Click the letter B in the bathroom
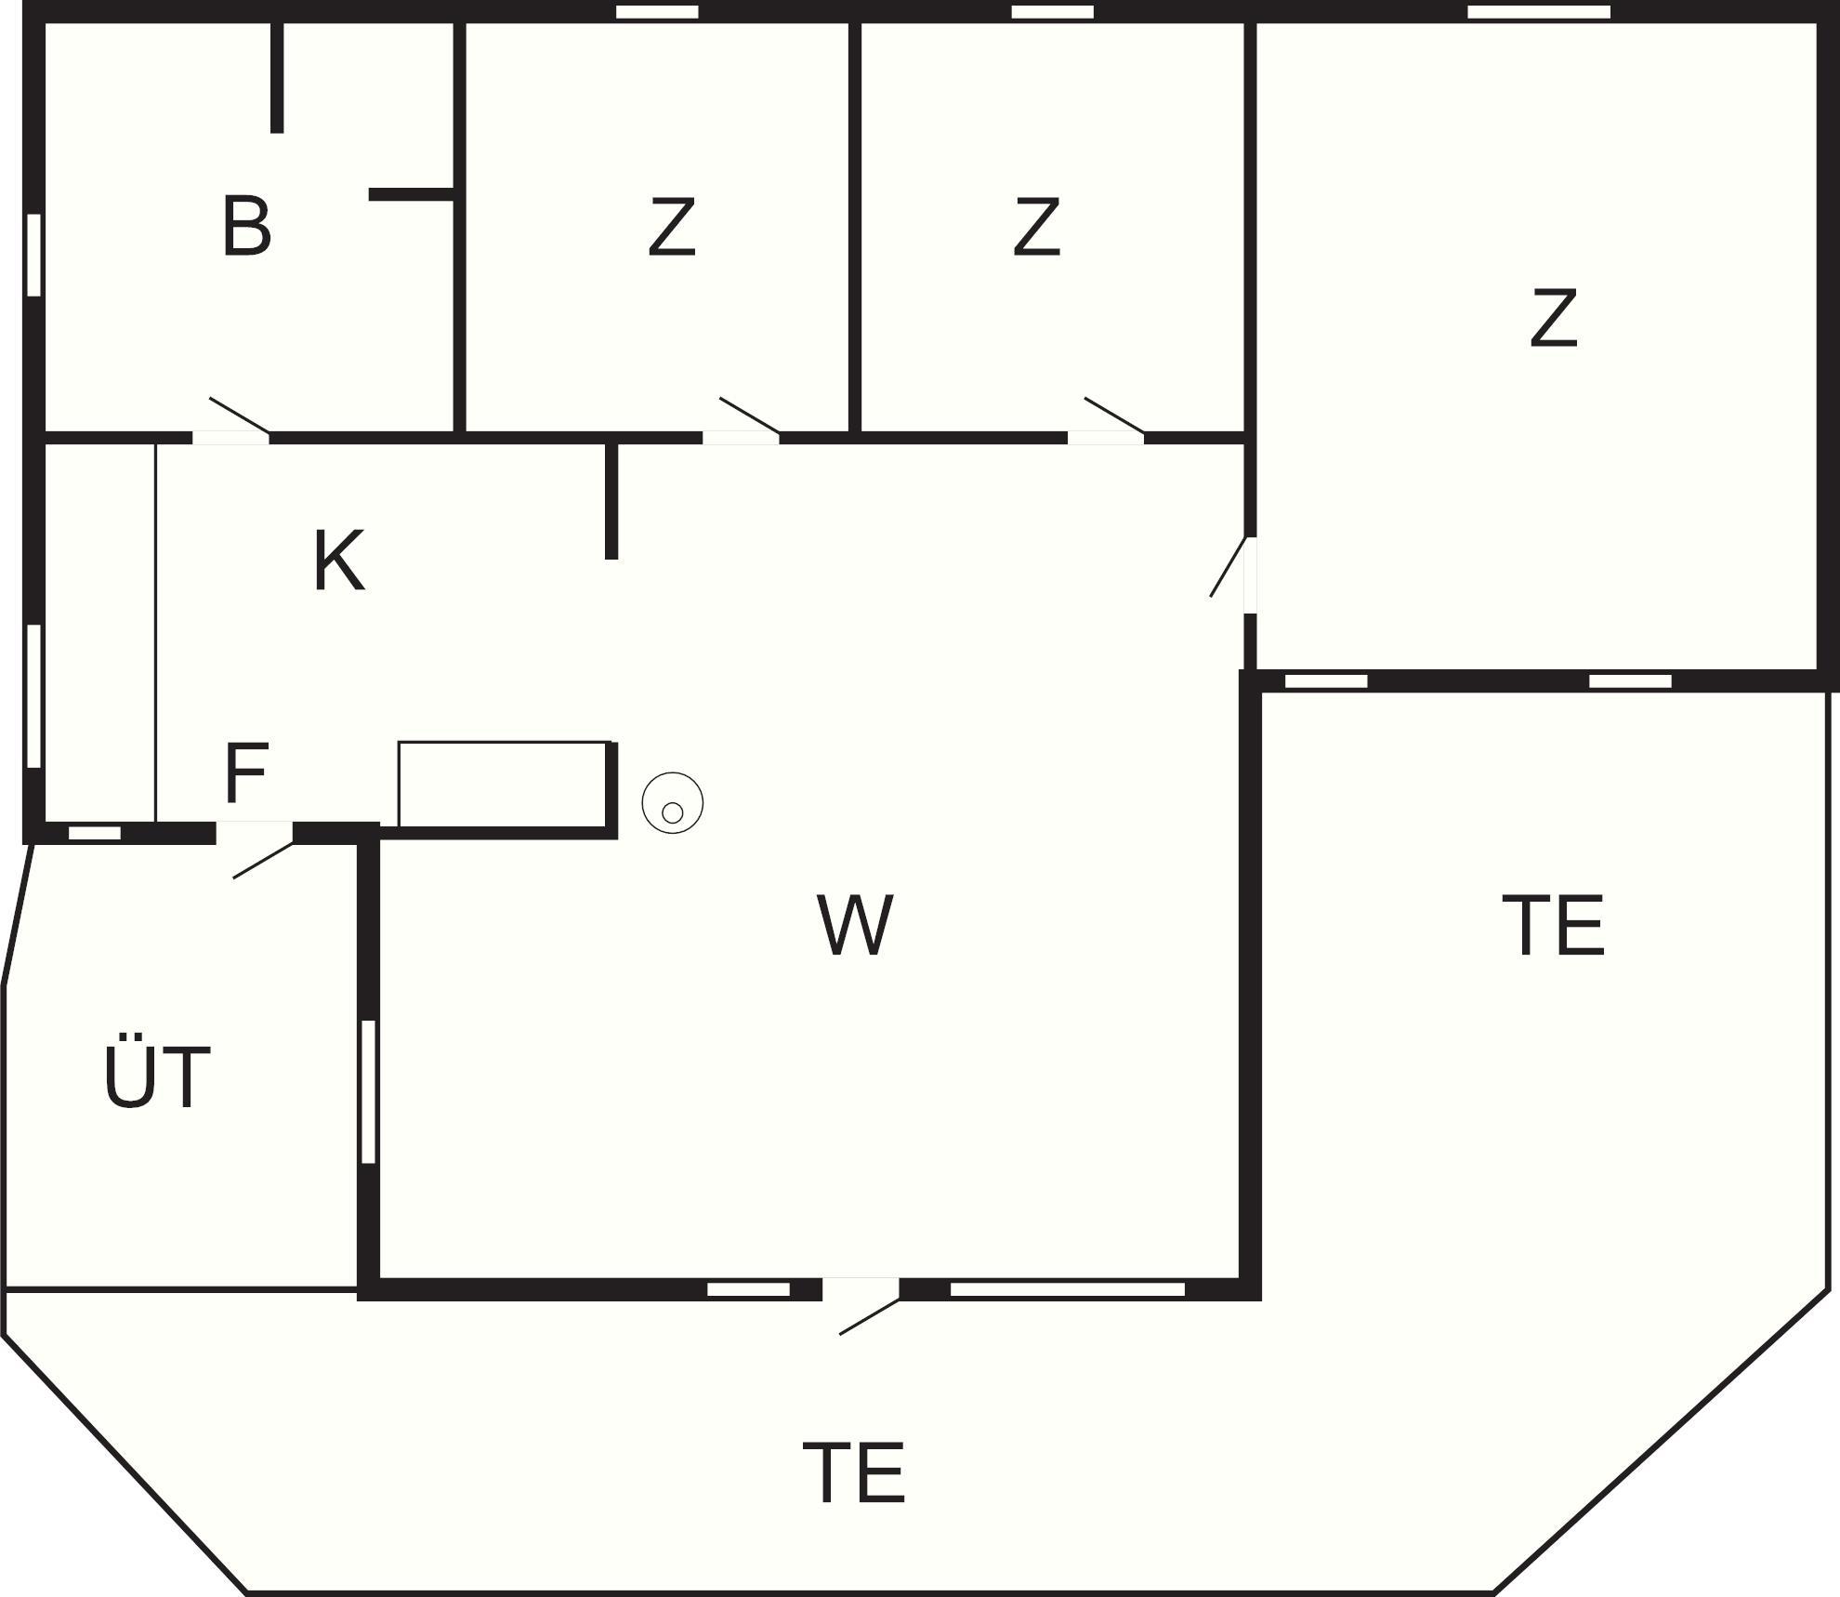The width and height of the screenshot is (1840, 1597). point(246,226)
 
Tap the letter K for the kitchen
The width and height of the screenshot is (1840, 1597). point(338,561)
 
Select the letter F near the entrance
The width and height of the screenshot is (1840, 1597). point(246,772)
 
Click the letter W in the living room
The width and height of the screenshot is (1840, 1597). point(855,925)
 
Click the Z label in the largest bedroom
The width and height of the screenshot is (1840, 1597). point(1553,319)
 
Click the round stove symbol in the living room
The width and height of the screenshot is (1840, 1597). point(672,803)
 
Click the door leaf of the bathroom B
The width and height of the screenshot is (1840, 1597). point(239,415)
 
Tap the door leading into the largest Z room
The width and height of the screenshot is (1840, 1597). point(1228,567)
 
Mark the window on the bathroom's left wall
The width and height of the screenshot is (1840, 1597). point(34,256)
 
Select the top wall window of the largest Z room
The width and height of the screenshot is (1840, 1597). point(1538,12)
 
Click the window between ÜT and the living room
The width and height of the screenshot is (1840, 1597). point(368,1091)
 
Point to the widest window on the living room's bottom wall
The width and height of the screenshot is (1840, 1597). point(1067,1289)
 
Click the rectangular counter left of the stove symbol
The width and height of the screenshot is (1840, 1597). point(503,783)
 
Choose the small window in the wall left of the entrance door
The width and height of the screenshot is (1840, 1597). point(95,833)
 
